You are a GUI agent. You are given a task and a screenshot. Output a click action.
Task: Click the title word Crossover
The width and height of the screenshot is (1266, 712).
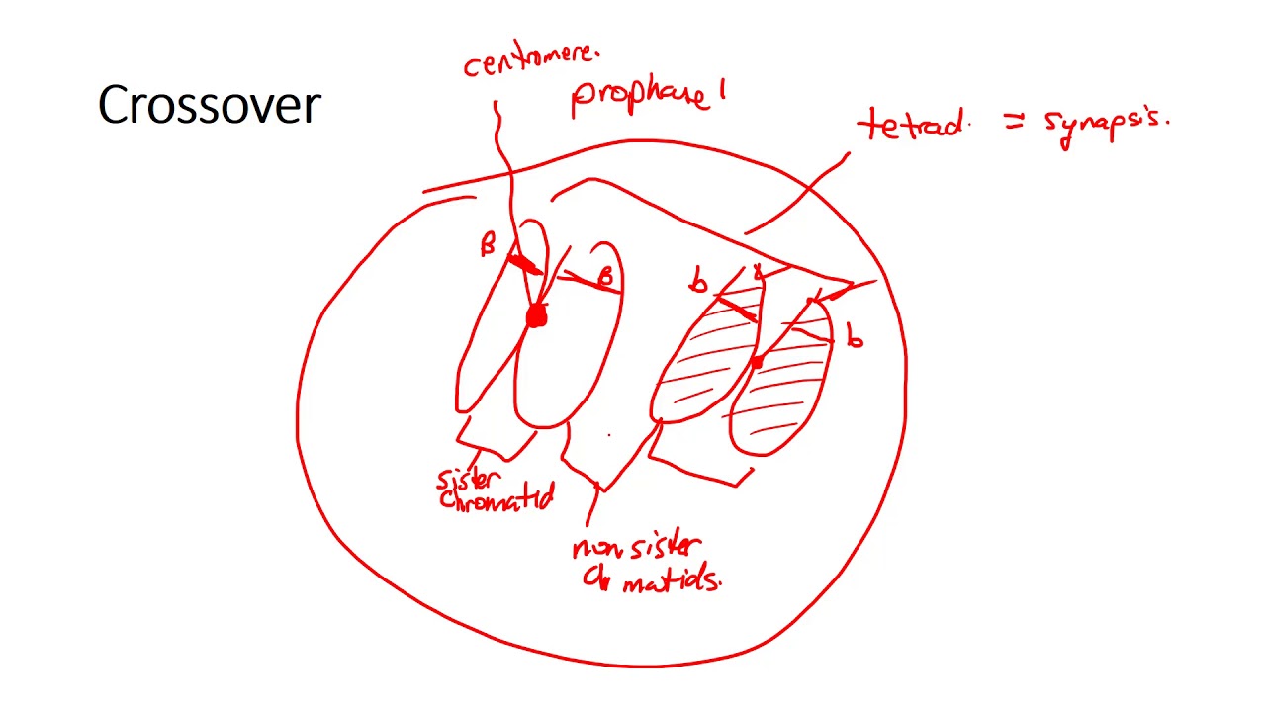[x=210, y=105]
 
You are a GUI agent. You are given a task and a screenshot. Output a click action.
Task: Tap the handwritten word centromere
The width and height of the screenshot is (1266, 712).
[x=531, y=61]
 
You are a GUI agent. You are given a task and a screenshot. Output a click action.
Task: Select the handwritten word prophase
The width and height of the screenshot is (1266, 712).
[x=640, y=97]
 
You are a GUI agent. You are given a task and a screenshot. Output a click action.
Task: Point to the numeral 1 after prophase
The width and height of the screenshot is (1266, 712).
[x=723, y=92]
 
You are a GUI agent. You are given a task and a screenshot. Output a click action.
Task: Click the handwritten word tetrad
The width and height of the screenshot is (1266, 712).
[x=911, y=127]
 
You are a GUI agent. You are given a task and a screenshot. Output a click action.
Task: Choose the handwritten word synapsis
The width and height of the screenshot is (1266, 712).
[x=1106, y=125]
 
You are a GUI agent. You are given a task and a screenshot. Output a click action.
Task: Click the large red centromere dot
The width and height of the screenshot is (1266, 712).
[x=536, y=316]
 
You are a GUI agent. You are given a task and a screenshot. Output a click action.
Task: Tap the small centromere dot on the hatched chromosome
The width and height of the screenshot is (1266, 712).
[x=758, y=363]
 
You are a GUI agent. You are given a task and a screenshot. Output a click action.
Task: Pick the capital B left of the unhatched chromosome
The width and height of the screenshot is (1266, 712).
[x=487, y=246]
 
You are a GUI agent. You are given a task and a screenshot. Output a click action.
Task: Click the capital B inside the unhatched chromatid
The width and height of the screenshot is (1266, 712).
[x=606, y=277]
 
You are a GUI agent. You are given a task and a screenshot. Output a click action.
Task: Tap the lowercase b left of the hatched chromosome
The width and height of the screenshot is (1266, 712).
[x=699, y=284]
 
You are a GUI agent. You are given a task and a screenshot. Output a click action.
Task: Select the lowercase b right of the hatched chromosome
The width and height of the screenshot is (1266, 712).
[x=855, y=339]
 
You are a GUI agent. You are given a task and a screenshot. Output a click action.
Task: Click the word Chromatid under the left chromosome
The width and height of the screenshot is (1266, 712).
[x=496, y=500]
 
